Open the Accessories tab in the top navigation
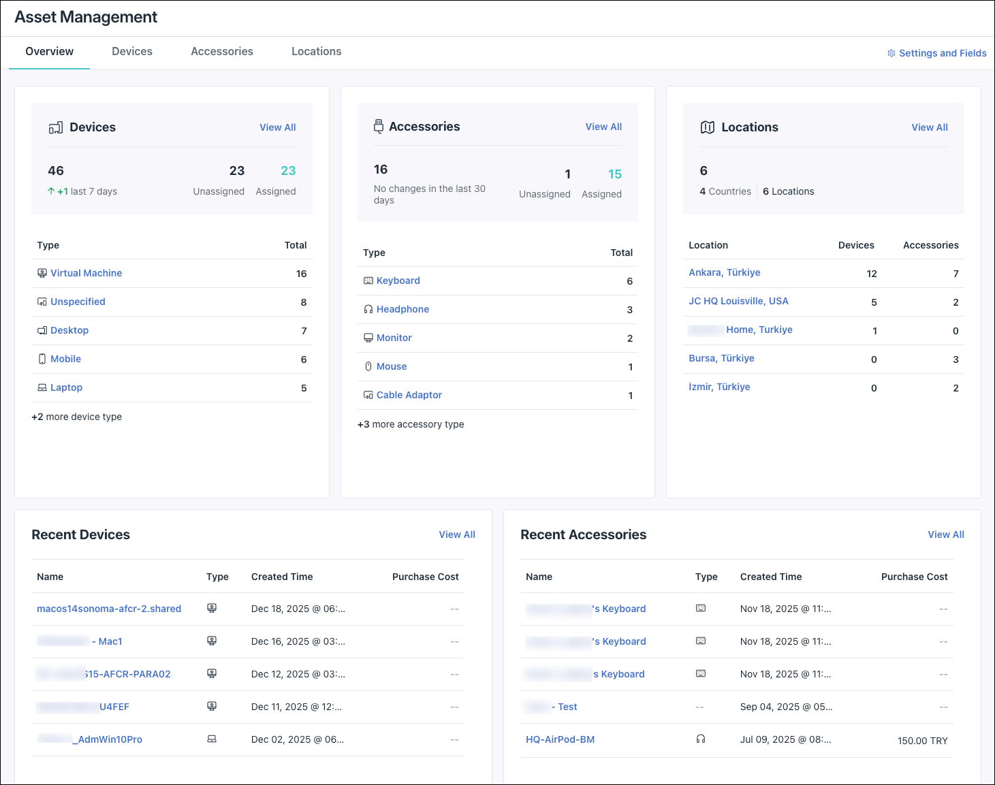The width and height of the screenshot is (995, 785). pyautogui.click(x=222, y=52)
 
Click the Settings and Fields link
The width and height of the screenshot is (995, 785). pyautogui.click(x=942, y=53)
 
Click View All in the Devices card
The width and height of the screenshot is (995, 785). pyautogui.click(x=277, y=127)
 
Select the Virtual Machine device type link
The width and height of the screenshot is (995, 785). pyautogui.click(x=86, y=273)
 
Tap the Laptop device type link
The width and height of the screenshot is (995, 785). pyautogui.click(x=66, y=387)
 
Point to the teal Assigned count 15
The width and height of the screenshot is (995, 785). pyautogui.click(x=614, y=174)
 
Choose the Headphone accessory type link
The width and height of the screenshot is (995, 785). pyautogui.click(x=402, y=309)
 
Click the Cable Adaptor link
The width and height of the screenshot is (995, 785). pyautogui.click(x=409, y=395)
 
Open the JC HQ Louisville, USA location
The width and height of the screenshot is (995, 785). pyautogui.click(x=738, y=301)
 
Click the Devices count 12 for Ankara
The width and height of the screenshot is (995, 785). pyautogui.click(x=871, y=274)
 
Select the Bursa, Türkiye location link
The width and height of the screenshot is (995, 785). pyautogui.click(x=721, y=358)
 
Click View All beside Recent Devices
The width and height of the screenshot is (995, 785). pyautogui.click(x=456, y=534)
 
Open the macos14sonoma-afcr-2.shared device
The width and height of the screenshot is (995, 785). pyautogui.click(x=109, y=609)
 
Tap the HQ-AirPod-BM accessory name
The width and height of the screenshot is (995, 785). pyautogui.click(x=560, y=739)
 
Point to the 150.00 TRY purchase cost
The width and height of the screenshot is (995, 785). pyautogui.click(x=922, y=741)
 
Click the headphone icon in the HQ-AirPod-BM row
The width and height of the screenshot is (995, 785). pyautogui.click(x=700, y=739)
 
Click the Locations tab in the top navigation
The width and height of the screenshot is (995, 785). pyautogui.click(x=316, y=52)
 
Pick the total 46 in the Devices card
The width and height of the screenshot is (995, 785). pyautogui.click(x=56, y=171)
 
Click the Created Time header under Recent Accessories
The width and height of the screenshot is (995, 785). pyautogui.click(x=770, y=577)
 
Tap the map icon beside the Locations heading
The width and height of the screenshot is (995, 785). pyautogui.click(x=707, y=127)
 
